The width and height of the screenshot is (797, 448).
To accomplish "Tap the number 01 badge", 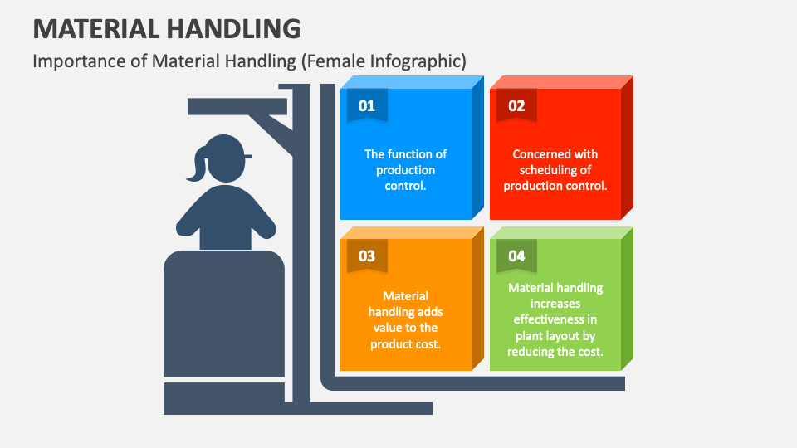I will click(366, 106).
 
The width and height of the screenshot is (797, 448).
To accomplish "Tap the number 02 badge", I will click(516, 106).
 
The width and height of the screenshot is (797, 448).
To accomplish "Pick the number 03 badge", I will click(366, 256).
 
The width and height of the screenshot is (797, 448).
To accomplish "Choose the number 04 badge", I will click(516, 256).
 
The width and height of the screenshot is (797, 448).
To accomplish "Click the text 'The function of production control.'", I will click(405, 169).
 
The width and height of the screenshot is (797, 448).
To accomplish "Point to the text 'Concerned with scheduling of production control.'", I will click(555, 169).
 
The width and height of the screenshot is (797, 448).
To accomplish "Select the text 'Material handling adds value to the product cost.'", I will click(405, 319).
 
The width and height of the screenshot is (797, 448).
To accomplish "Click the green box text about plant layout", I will click(555, 319).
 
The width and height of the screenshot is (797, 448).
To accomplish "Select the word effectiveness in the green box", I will click(555, 319).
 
